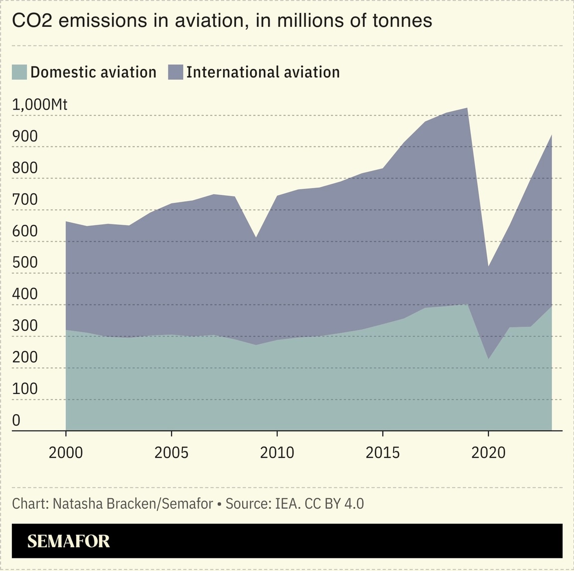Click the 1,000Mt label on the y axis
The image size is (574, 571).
tap(39, 105)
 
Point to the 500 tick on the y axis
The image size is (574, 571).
tap(25, 263)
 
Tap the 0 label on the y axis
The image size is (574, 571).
tap(16, 421)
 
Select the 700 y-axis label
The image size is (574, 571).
tap(25, 199)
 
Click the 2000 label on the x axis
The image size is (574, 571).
tap(66, 452)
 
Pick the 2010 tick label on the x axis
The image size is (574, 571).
tap(277, 452)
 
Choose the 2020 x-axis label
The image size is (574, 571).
tap(488, 452)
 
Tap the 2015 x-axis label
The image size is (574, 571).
tap(383, 452)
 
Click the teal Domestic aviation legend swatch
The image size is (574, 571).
tap(19, 72)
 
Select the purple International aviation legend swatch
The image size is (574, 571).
tap(175, 72)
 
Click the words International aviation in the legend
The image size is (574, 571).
tap(263, 72)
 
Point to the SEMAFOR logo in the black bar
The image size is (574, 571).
tap(68, 541)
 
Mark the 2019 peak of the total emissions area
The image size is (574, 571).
tap(467, 108)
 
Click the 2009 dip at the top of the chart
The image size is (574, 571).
tap(256, 238)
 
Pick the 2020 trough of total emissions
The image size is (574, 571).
tap(488, 267)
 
